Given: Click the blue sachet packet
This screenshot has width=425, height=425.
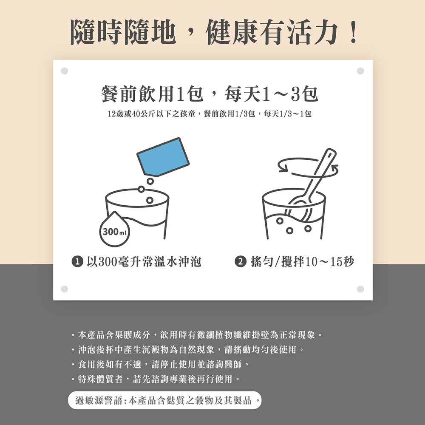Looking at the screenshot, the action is click(x=163, y=157).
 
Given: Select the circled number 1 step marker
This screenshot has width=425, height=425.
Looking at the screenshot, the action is click(x=77, y=261).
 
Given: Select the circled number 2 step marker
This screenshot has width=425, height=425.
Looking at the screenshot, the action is click(x=240, y=261).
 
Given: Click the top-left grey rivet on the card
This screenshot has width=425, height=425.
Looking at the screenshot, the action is click(x=65, y=71).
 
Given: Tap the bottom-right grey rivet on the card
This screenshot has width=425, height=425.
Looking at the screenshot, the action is click(x=360, y=289).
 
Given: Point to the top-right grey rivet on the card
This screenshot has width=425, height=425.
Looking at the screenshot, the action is click(x=360, y=71).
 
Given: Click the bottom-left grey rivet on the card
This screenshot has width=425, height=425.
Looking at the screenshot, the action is click(x=65, y=289).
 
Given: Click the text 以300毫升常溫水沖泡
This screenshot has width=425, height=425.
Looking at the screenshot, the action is click(x=144, y=262).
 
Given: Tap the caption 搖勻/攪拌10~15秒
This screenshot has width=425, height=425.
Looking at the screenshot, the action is click(x=303, y=262).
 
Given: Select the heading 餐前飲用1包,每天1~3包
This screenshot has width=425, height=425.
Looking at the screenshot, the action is click(x=210, y=94).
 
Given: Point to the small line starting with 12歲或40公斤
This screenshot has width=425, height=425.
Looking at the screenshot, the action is click(x=210, y=114).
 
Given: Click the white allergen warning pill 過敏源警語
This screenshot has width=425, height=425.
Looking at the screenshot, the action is click(x=164, y=400).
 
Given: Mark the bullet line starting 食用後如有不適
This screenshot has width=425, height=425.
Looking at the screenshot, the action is click(x=160, y=364).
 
